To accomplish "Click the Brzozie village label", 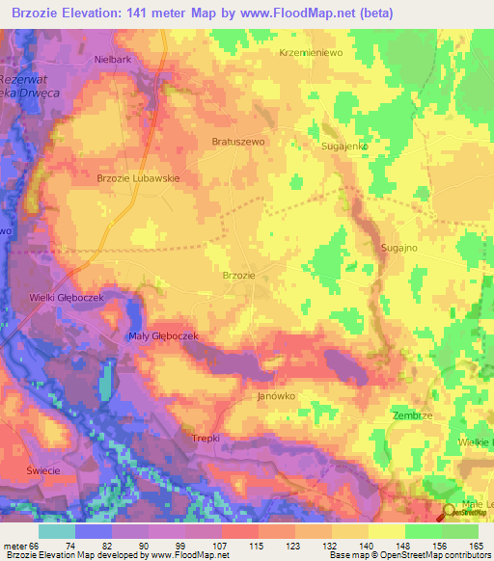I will pyautogui.click(x=238, y=276).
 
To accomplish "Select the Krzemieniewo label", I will pyautogui.click(x=311, y=53).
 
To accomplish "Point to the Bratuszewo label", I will pyautogui.click(x=237, y=141).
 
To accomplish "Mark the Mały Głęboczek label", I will pyautogui.click(x=163, y=335).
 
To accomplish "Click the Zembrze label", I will pyautogui.click(x=412, y=414).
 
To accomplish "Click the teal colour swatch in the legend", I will pyautogui.click(x=57, y=531).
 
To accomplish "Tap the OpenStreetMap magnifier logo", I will pyautogui.click(x=450, y=514).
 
